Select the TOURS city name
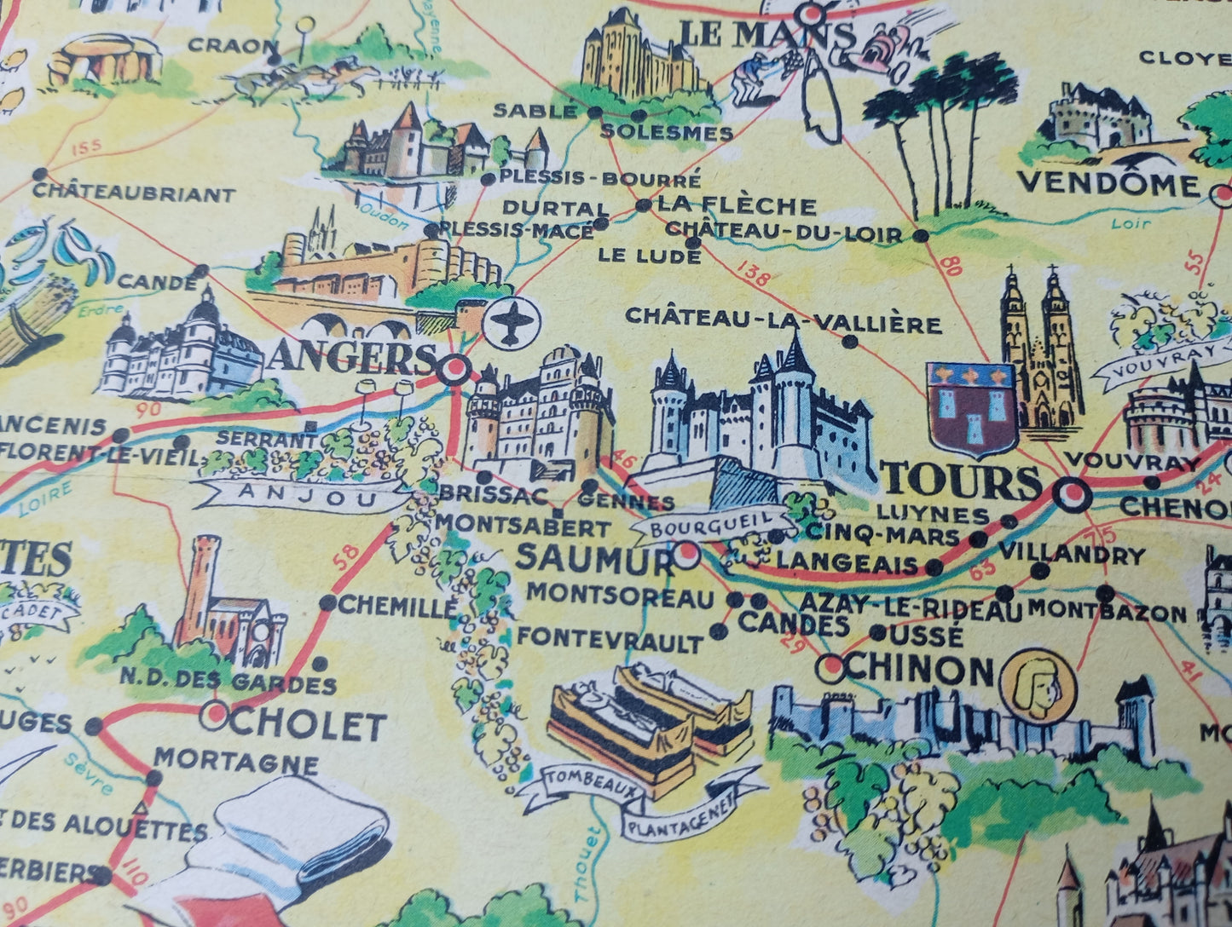coord(962,483)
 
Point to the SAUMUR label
coord(593,559)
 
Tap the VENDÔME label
coord(1108,184)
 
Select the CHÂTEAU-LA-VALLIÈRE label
coord(783,322)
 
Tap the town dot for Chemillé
coord(327,603)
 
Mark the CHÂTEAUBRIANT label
coord(134,195)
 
